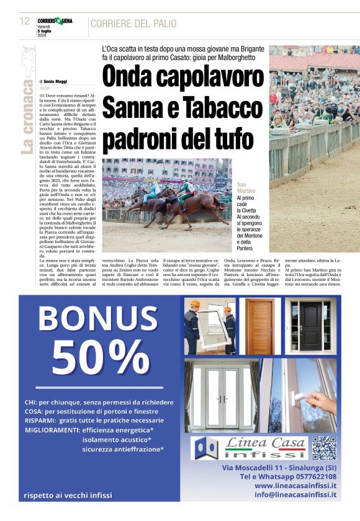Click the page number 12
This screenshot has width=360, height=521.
tap(25, 22)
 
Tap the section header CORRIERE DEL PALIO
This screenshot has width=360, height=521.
tap(133, 24)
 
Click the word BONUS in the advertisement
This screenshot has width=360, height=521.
tap(98, 319)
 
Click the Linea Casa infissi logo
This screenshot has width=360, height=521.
tap(249, 447)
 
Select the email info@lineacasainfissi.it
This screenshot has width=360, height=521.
tap(296, 495)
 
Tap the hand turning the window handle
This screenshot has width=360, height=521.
tap(317, 398)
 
